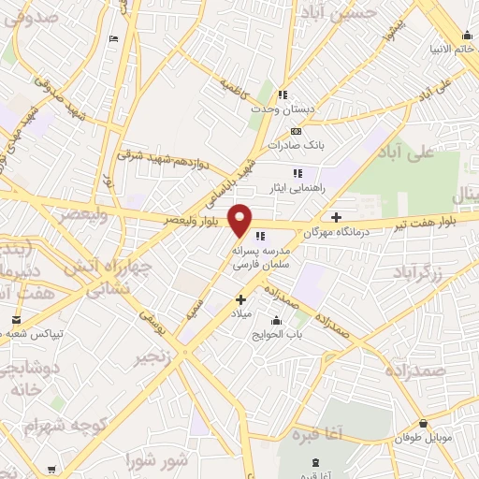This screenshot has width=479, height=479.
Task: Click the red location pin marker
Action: point(240,220)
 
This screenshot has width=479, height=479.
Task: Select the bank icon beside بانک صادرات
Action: point(297,131)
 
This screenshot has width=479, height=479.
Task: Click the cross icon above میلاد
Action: point(241,300)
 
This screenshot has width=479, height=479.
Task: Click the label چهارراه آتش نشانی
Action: point(97,278)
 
